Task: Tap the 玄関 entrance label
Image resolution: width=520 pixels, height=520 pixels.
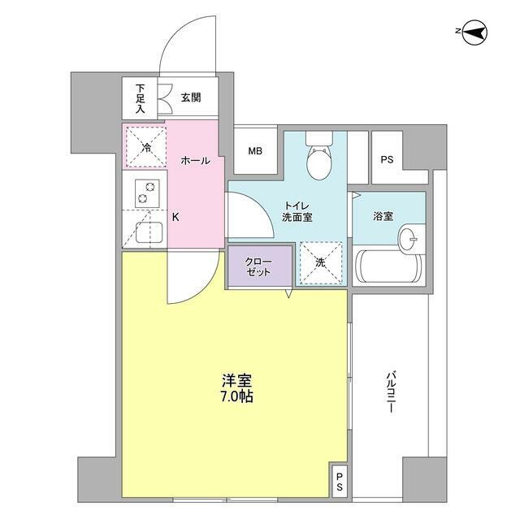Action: coord(191,98)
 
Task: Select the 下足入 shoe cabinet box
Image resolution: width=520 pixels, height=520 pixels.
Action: coord(140,98)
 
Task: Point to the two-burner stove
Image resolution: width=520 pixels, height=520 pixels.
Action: coord(145,191)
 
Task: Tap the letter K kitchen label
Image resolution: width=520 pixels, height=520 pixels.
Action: coord(175,217)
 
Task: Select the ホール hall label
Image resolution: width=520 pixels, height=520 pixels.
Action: coord(195,161)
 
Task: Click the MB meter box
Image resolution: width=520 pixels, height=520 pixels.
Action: coord(255,151)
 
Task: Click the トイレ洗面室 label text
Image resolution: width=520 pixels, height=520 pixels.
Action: coord(297,211)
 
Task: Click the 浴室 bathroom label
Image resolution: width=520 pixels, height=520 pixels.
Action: coord(383,217)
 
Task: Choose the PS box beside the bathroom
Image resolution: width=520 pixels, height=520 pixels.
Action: coord(387,159)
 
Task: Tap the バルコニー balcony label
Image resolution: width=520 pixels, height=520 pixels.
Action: coord(390,393)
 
